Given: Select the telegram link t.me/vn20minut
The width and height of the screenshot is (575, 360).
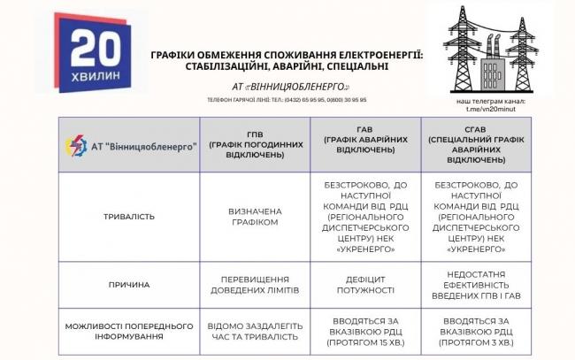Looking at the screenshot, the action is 479,109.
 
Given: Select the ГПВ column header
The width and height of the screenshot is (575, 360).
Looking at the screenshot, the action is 245,143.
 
